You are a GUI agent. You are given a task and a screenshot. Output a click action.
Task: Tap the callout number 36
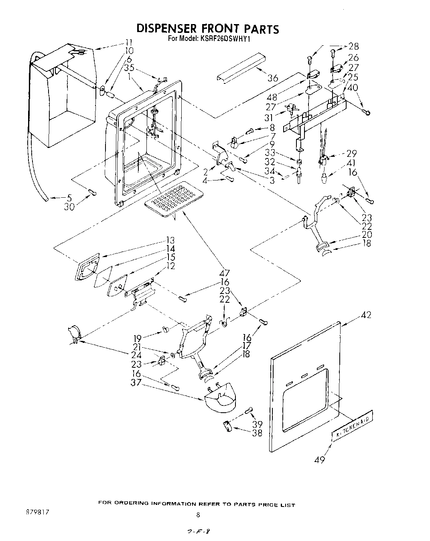point(272,78)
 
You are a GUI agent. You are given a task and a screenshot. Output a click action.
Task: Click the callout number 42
point(365,315)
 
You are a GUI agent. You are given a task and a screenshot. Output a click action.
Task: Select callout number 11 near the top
point(128,42)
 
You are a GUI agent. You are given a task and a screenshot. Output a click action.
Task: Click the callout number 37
point(136,383)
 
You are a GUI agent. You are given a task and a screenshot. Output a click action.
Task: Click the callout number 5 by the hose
point(69,197)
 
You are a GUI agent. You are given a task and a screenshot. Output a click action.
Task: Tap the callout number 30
point(69,207)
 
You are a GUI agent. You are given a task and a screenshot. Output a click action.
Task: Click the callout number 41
point(351,163)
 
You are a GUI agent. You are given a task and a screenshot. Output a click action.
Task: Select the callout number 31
point(268,118)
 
